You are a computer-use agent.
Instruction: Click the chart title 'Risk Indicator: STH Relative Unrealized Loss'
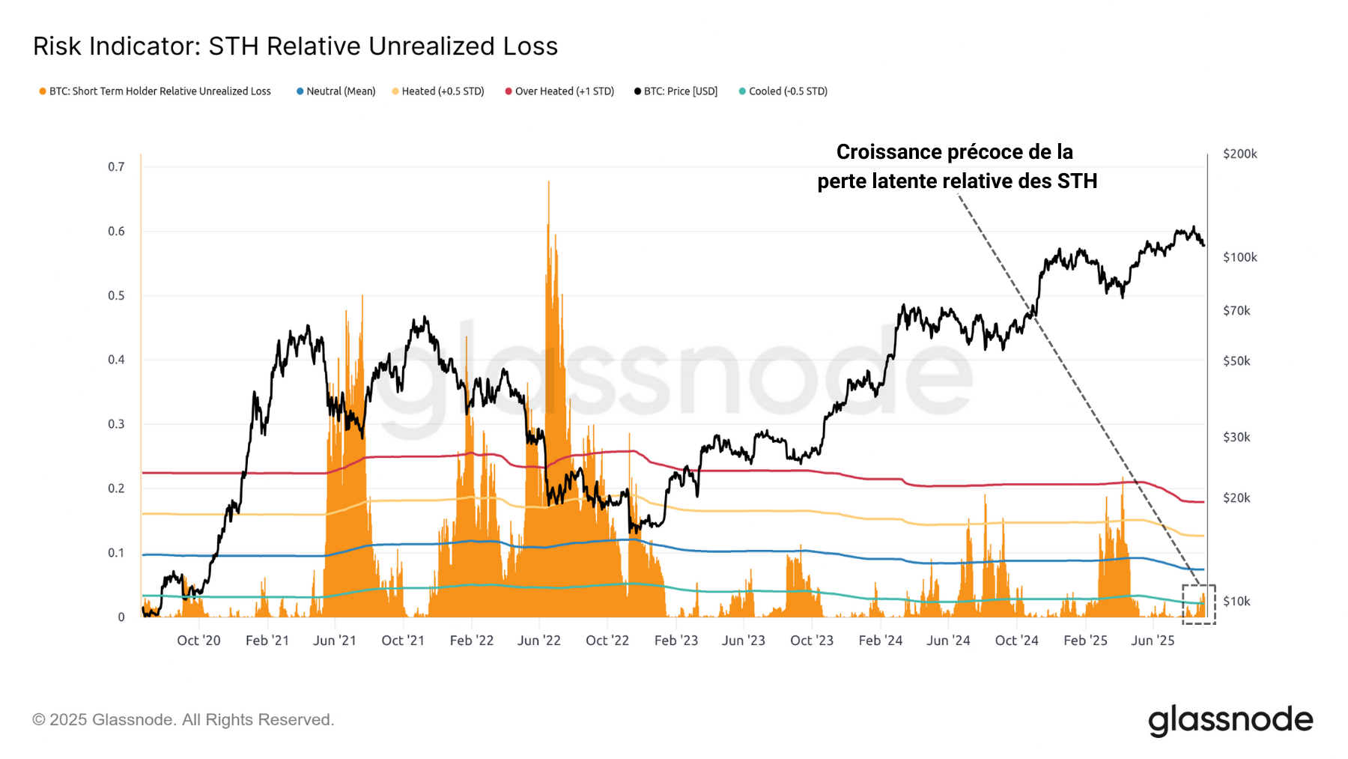pyautogui.click(x=295, y=46)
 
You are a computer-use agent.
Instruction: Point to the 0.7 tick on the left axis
pyautogui.click(x=116, y=166)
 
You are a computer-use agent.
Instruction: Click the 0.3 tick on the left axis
pyautogui.click(x=116, y=424)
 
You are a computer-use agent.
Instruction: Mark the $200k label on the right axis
pyautogui.click(x=1239, y=154)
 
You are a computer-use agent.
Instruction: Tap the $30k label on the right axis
pyautogui.click(x=1236, y=438)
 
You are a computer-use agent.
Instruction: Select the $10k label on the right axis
pyautogui.click(x=1236, y=602)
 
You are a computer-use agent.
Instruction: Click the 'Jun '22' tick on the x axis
pyautogui.click(x=538, y=641)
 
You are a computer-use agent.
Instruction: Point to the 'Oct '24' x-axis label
pyautogui.click(x=1016, y=641)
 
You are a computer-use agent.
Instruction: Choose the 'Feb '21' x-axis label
pyautogui.click(x=267, y=641)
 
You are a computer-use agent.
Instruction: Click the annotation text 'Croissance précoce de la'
pyautogui.click(x=954, y=152)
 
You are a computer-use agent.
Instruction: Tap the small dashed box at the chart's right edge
pyautogui.click(x=1198, y=604)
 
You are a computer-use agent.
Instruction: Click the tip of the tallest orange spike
pyautogui.click(x=548, y=182)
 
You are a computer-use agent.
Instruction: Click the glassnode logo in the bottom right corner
pyautogui.click(x=1230, y=720)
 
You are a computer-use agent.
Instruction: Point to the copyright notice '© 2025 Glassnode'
pyautogui.click(x=183, y=720)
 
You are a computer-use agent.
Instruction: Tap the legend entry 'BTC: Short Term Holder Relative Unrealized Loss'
pyautogui.click(x=160, y=91)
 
